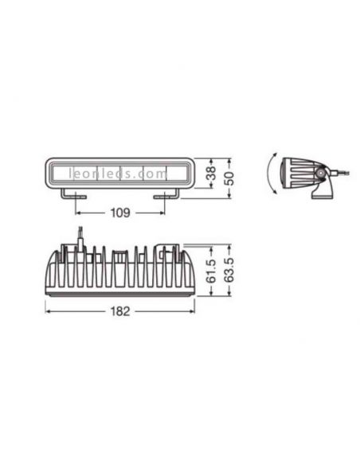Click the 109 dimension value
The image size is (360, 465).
(x=120, y=213)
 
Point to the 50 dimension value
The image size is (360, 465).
(x=230, y=178)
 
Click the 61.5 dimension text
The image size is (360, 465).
(x=211, y=272)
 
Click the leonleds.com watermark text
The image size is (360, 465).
(x=120, y=171)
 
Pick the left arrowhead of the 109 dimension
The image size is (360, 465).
(x=78, y=213)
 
